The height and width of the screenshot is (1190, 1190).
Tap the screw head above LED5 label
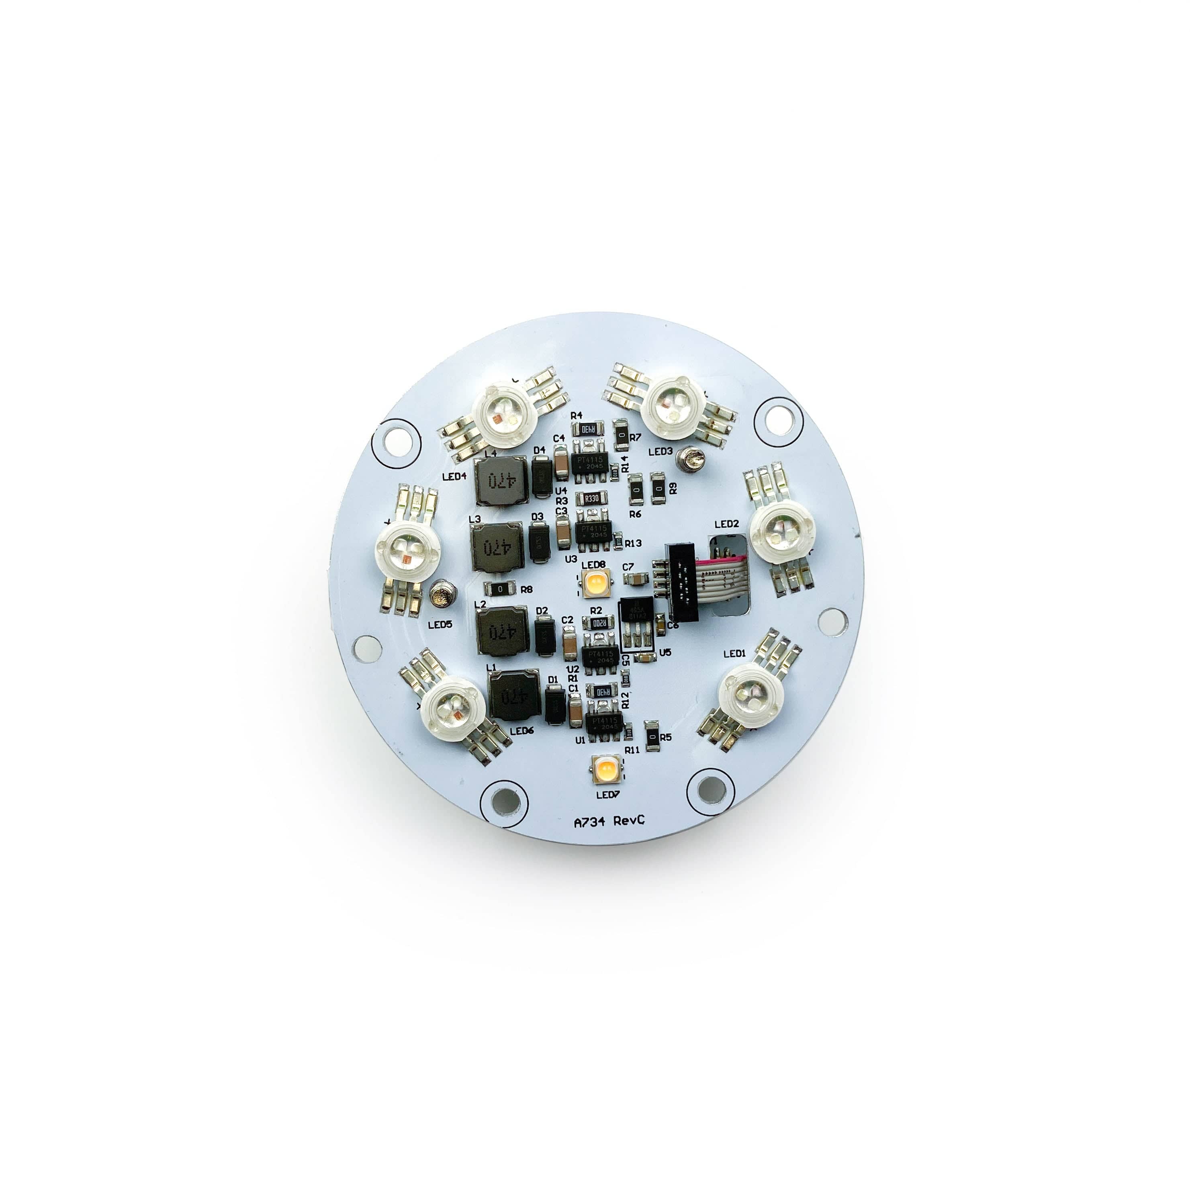click(x=442, y=594)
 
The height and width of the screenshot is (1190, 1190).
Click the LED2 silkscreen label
click(x=726, y=524)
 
